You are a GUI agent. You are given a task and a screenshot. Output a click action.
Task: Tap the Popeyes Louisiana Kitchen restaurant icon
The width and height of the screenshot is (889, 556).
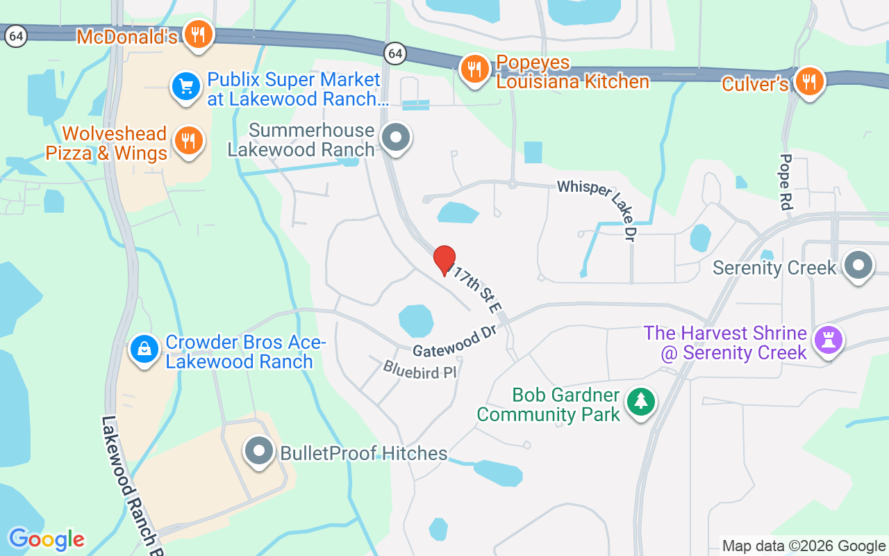475,69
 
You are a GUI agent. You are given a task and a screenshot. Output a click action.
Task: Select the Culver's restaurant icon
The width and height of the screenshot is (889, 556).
808,82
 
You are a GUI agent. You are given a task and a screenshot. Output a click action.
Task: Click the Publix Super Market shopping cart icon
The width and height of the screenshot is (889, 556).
186,88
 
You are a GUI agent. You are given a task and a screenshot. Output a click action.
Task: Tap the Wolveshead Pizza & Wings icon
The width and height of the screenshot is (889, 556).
188,141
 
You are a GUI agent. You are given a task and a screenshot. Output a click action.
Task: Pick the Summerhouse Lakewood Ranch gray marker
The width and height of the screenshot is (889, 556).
397,137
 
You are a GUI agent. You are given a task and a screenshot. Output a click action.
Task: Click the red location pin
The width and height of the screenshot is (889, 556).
444,261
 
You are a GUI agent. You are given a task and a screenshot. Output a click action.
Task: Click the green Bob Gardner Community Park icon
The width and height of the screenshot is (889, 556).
640,402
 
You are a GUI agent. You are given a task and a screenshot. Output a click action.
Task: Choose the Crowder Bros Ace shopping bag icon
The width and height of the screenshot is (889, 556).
144,349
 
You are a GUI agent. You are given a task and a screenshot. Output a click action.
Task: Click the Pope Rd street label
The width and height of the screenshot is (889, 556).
786,181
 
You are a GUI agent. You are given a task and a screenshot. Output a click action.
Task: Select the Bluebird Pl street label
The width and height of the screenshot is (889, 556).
420,369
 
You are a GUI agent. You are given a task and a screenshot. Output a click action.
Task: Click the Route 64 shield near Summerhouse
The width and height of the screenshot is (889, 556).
395,52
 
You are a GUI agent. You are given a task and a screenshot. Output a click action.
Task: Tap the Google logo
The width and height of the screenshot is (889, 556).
47,539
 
